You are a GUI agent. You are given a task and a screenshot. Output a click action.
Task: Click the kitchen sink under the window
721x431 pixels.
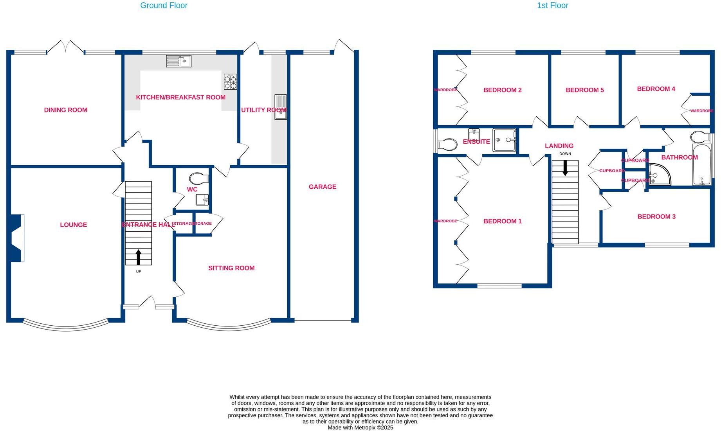coord(178,61)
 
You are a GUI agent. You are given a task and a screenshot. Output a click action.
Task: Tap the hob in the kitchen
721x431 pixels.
coord(230,82)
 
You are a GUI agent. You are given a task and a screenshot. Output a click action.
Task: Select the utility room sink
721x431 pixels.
coord(280,107)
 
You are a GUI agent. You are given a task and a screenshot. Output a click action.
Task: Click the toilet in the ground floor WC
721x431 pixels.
coord(199,179)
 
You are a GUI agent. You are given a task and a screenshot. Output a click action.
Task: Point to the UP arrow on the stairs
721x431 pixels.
coord(138,257)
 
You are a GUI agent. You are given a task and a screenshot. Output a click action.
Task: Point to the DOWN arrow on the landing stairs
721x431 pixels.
coord(565,169)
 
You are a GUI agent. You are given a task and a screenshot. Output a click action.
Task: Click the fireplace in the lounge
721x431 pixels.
coord(16,238)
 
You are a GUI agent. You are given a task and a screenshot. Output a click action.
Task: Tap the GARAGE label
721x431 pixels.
coord(322,187)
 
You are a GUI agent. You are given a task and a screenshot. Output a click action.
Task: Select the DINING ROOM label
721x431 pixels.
coord(65,110)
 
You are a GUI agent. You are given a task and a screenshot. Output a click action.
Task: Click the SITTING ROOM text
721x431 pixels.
coord(231,268)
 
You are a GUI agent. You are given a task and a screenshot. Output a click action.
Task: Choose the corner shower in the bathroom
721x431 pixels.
coord(658,175)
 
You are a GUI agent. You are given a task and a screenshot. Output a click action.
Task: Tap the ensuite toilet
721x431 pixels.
coord(447,144)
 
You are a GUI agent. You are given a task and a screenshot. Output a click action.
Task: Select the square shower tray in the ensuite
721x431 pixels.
coord(504,140)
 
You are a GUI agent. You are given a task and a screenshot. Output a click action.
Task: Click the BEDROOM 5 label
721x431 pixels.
coord(584,90)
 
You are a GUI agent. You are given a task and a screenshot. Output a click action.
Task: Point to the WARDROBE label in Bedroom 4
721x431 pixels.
coord(701,111)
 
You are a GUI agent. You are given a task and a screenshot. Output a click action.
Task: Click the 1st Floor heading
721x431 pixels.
coord(552,5)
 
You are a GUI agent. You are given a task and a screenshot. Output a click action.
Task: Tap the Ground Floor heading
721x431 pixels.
coord(164,5)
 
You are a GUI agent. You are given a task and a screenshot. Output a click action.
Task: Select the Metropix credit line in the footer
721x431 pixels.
coord(360,428)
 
